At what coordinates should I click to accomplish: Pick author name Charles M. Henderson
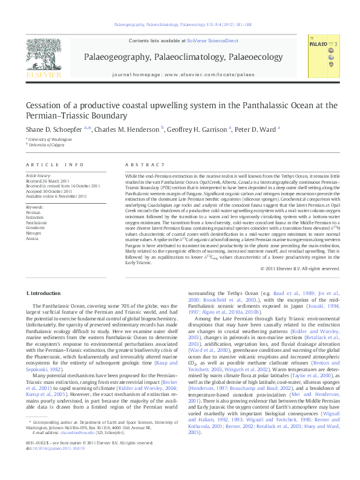pos(126,128)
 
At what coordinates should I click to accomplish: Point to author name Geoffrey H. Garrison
pos(197,128)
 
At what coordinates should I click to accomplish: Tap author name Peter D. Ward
pos(257,128)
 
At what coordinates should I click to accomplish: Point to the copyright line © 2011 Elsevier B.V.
pos(298,268)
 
